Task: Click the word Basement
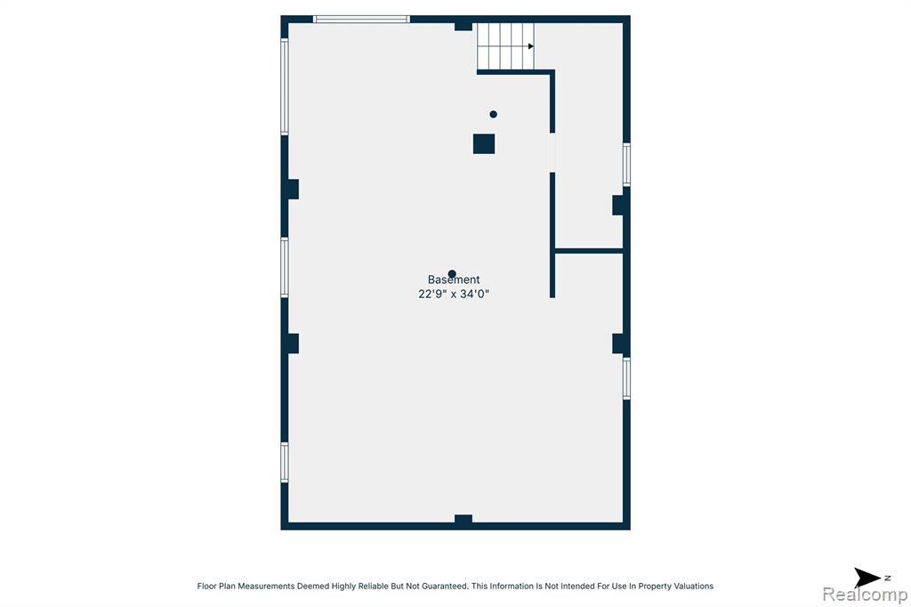coord(454,279)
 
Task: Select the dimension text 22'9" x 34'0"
coord(454,295)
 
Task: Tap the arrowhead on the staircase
coord(530,46)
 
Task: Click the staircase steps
coord(505,46)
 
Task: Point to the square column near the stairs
coord(484,144)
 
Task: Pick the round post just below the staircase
coord(493,115)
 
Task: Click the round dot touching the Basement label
coord(452,274)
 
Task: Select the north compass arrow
coord(867,578)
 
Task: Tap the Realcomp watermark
coord(865,595)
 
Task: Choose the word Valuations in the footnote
coord(693,586)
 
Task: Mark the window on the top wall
coord(361,20)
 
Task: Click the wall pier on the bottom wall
coord(463,521)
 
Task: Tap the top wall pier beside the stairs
coord(463,26)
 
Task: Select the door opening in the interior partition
coord(552,152)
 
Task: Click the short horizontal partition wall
coord(589,251)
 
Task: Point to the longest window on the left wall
coord(285,86)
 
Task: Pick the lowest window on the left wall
coord(285,462)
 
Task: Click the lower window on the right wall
coord(626,378)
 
